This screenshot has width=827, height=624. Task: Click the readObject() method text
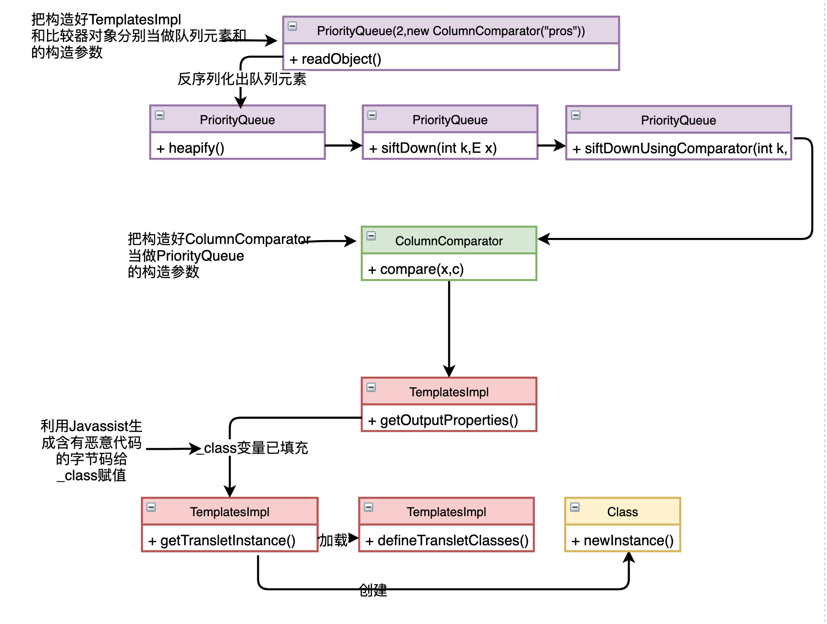335,59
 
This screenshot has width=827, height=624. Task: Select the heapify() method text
190,148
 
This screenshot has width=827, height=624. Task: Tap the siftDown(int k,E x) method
433,148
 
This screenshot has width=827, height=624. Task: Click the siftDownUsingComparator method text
679,149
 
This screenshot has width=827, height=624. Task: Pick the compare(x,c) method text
416,269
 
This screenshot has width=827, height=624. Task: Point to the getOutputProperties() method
443,420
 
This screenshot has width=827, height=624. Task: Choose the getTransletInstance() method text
222,541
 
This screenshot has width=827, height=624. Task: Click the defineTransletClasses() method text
447,541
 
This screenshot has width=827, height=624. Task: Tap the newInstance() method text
623,541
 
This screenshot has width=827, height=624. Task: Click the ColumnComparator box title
449,241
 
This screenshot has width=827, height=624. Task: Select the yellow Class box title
622,512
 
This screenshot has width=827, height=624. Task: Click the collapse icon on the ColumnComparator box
372,236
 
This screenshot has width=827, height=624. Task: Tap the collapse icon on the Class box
575,507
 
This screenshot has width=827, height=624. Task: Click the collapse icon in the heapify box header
160,115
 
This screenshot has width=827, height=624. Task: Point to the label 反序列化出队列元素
242,79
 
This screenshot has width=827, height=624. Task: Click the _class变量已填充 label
253,448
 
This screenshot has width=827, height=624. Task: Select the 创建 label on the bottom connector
373,590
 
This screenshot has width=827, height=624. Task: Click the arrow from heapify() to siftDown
343,146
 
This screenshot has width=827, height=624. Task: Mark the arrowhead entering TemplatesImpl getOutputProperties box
449,371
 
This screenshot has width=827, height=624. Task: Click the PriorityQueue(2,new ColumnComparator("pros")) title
451,31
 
